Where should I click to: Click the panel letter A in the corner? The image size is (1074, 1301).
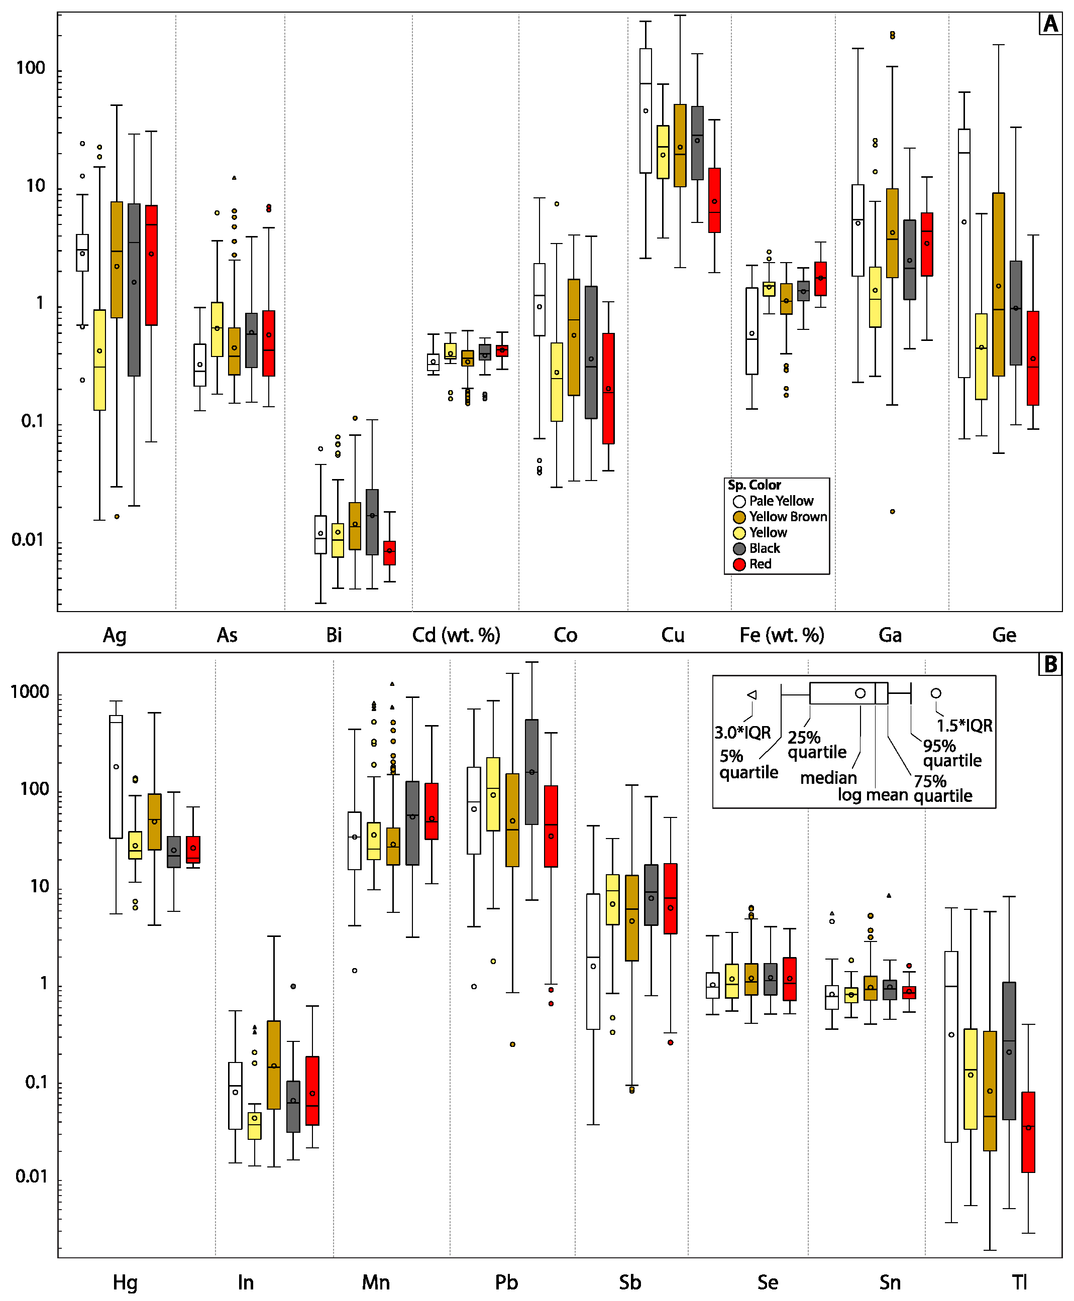coord(1050,24)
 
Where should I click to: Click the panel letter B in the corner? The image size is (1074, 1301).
coord(1050,664)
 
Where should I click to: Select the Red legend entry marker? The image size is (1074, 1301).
coord(738,564)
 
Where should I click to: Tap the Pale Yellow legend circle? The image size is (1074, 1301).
coord(738,502)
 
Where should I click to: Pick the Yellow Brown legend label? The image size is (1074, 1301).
coord(788,517)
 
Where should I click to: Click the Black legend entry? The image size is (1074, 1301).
coord(765,548)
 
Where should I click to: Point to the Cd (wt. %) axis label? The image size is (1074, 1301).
coord(456,635)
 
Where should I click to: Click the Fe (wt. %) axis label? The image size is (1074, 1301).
coord(782,635)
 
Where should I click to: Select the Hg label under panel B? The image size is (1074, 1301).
coord(125,1282)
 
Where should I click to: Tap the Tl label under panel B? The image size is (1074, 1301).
coord(1020,1282)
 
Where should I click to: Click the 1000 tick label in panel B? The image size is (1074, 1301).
coord(30,692)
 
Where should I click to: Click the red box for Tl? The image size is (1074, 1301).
coord(1028,1132)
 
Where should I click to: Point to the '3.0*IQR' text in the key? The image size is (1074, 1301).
coord(742,733)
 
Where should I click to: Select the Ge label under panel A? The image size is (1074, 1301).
coord(1004,635)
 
